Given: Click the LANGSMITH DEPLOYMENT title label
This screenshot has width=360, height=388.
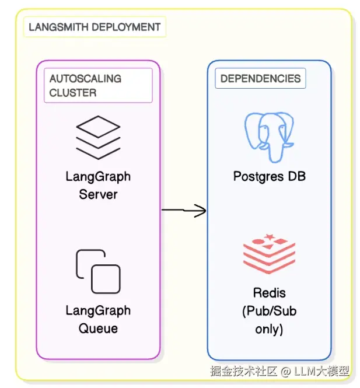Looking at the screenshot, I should click(x=94, y=27).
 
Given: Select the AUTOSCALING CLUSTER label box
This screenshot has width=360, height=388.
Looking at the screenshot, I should click(x=98, y=85).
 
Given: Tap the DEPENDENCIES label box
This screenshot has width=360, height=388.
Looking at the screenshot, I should click(x=260, y=79).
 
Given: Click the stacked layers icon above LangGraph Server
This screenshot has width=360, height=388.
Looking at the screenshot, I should click(x=97, y=137).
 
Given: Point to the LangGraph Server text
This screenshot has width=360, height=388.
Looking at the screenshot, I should click(x=98, y=185).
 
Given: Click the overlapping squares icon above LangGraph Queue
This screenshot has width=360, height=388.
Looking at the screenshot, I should click(x=98, y=271).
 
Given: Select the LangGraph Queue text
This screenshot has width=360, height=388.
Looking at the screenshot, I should click(x=98, y=319).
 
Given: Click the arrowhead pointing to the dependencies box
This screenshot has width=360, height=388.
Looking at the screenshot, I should click(x=201, y=211).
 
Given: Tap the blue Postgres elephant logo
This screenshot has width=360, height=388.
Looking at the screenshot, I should click(x=269, y=136).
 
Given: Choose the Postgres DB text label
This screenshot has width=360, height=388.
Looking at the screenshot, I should click(x=269, y=176).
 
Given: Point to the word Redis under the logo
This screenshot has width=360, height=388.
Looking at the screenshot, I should click(x=269, y=292).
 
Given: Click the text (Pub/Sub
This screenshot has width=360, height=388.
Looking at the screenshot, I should click(x=269, y=311).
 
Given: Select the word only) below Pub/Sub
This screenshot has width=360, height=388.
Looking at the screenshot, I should click(x=269, y=329).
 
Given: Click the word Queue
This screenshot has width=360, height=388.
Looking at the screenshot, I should click(x=98, y=328).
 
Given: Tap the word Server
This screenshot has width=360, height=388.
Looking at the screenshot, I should click(x=98, y=194).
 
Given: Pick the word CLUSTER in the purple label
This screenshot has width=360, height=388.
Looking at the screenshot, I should click(x=73, y=93).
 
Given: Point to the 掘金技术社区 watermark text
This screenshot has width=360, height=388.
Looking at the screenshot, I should click(x=243, y=371).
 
